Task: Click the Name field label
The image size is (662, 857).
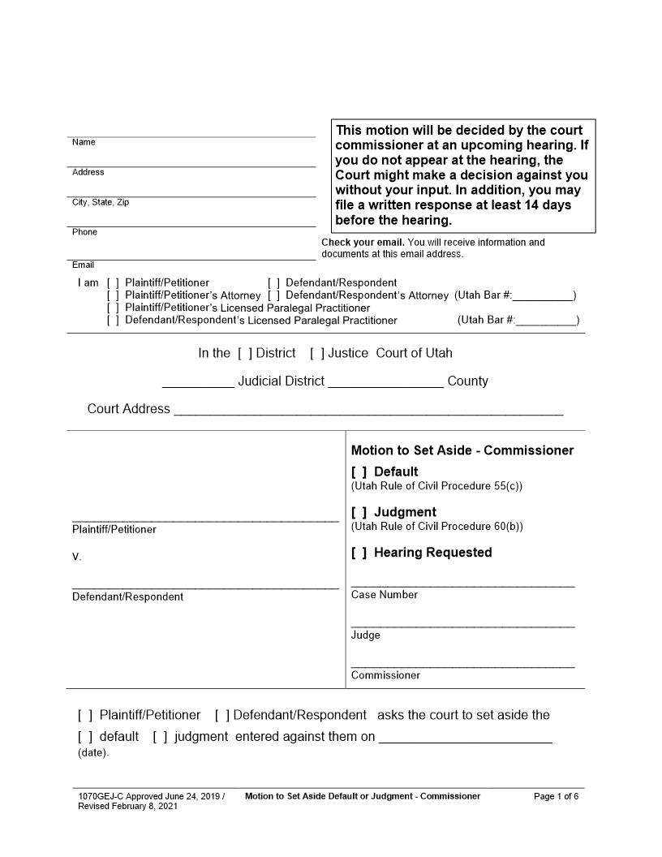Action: pyautogui.click(x=84, y=143)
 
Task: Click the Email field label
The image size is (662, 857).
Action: pyautogui.click(x=83, y=265)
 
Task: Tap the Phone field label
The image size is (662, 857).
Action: pyautogui.click(x=84, y=232)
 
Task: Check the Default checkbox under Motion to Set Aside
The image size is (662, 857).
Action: pyautogui.click(x=359, y=472)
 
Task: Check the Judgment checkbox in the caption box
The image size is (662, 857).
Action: pyautogui.click(x=359, y=512)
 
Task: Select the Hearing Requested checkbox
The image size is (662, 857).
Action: pyautogui.click(x=359, y=553)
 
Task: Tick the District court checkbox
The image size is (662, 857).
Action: pyautogui.click(x=245, y=353)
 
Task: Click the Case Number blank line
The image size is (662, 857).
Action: pyautogui.click(x=462, y=584)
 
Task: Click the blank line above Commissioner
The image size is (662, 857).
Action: pyautogui.click(x=462, y=665)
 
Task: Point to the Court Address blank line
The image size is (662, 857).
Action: pyautogui.click(x=368, y=412)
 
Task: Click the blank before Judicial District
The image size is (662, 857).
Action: pyautogui.click(x=198, y=385)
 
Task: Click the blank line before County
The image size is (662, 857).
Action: pyautogui.click(x=385, y=385)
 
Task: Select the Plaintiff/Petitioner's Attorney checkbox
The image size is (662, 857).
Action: pyautogui.click(x=113, y=295)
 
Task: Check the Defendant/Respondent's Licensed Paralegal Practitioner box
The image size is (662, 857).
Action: pyautogui.click(x=113, y=321)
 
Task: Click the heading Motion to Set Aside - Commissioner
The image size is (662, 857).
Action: pyautogui.click(x=462, y=450)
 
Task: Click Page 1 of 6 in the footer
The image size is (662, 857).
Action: pyautogui.click(x=556, y=796)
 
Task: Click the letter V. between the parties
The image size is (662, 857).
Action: pyautogui.click(x=76, y=558)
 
